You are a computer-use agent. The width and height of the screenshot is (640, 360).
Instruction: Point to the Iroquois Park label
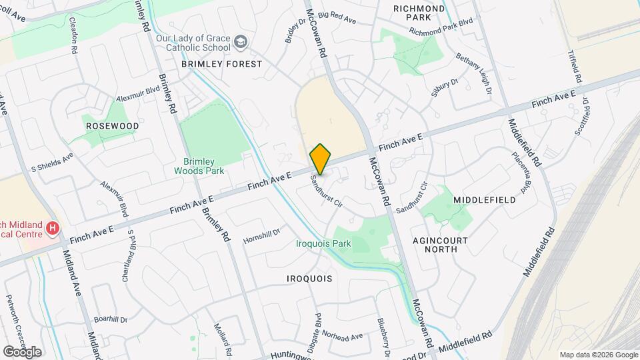[323, 244]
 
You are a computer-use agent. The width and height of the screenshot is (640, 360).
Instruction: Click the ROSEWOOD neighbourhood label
[112, 125]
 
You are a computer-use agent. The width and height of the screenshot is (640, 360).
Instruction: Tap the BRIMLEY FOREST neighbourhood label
[222, 64]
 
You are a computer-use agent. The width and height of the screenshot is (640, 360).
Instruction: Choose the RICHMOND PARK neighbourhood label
[419, 13]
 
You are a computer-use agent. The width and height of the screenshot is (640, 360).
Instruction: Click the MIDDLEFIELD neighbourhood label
[485, 200]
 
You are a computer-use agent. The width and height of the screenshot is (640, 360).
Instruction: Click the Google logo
[22, 351]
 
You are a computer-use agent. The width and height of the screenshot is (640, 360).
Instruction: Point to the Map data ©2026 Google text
[599, 355]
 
